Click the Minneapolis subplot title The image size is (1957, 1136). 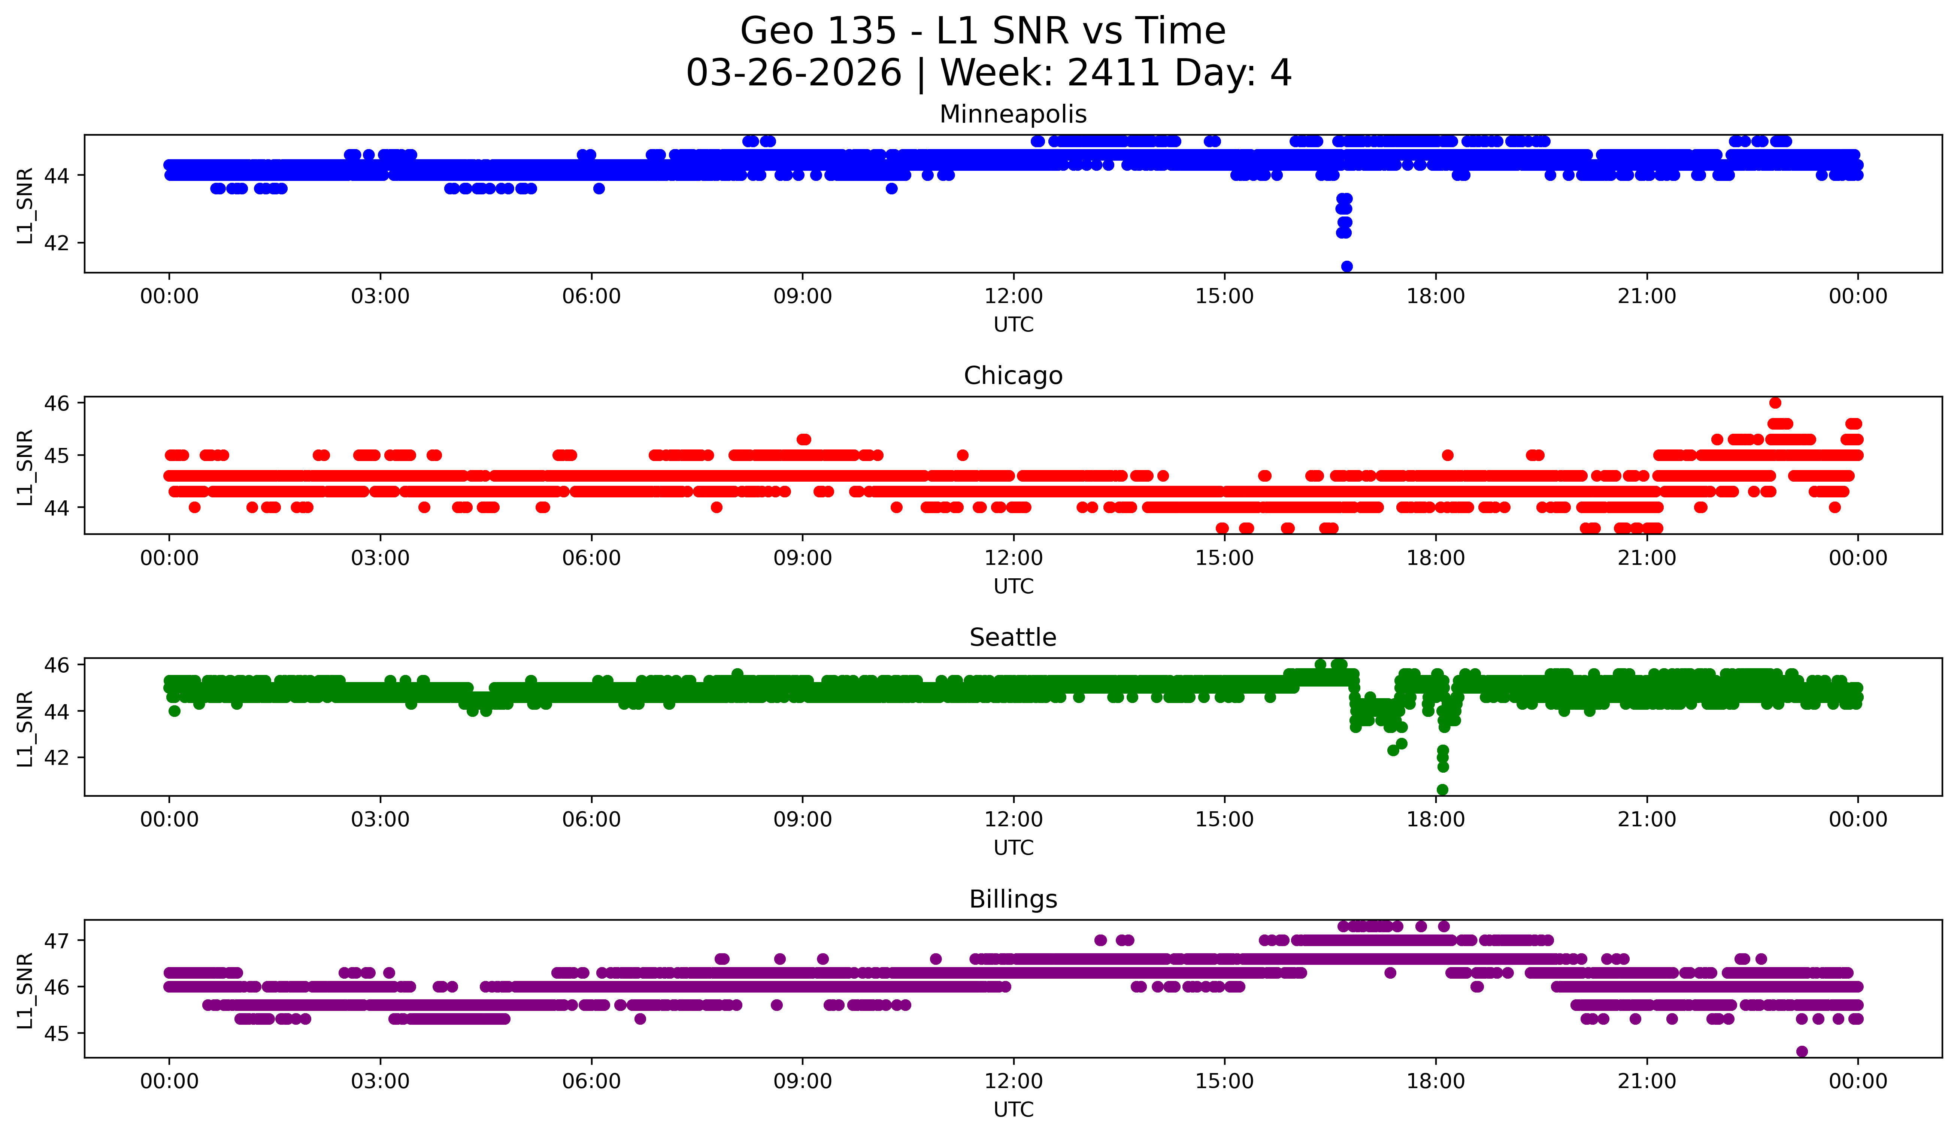(x=1013, y=114)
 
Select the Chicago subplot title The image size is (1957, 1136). (x=1013, y=376)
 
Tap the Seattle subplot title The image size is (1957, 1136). (x=1013, y=637)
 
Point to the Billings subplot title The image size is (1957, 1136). (x=1013, y=899)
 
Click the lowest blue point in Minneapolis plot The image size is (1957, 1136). (x=1346, y=266)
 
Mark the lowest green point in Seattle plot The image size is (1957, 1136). (x=1442, y=790)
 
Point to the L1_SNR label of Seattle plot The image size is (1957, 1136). (x=25, y=728)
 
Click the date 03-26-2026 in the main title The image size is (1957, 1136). (x=794, y=73)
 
